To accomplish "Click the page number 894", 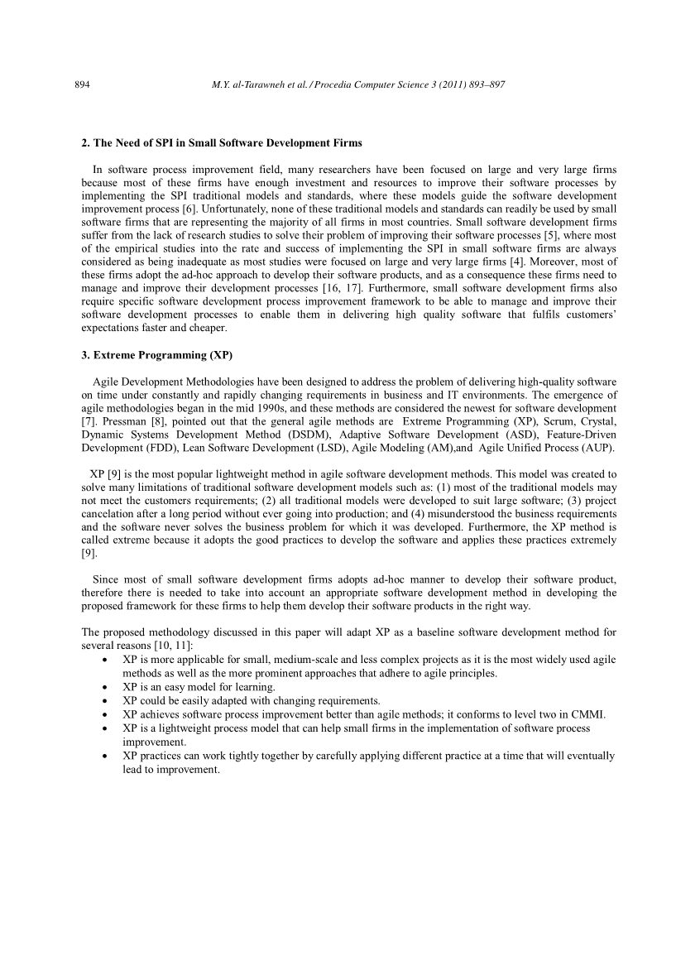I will [x=82, y=84].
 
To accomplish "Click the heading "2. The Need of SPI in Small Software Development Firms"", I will [x=221, y=143].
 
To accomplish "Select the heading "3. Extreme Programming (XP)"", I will [x=157, y=355].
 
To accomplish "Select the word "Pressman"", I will [x=125, y=421].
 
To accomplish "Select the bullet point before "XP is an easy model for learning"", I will [x=102, y=687].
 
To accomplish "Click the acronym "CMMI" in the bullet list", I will [x=588, y=714].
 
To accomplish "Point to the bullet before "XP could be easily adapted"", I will [x=102, y=701].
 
